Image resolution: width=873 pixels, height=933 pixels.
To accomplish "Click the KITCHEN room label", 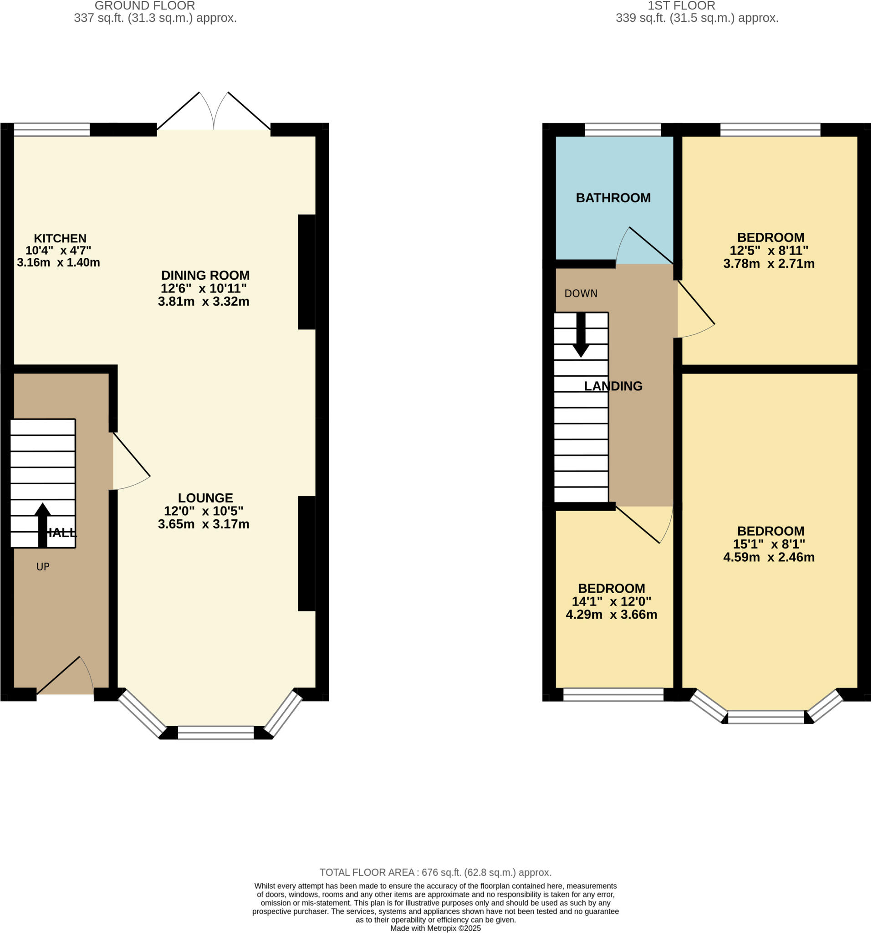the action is click(60, 238).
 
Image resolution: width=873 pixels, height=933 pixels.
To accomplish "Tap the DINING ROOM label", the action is click(205, 275).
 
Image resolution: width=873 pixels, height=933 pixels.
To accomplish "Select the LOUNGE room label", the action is click(205, 497).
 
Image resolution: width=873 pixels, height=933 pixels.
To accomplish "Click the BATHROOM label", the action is click(613, 198).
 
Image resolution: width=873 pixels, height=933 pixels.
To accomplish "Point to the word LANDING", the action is click(613, 386).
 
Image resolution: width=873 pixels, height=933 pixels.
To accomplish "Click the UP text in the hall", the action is click(43, 566).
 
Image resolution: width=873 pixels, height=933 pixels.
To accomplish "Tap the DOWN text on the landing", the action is click(580, 293).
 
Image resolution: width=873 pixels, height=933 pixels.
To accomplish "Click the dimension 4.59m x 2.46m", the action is click(768, 557).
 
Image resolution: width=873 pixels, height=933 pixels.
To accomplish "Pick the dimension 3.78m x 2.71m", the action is click(768, 264).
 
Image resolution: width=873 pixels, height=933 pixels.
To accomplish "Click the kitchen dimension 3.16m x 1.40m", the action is click(58, 262).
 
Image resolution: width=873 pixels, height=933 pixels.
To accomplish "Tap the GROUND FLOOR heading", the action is click(144, 6).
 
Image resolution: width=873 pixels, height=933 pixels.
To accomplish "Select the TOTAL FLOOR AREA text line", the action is click(435, 872).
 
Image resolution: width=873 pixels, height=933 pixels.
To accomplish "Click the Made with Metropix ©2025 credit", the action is click(435, 928).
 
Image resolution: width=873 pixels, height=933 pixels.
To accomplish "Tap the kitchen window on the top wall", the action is click(51, 129).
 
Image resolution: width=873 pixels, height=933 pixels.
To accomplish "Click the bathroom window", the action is click(623, 129).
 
